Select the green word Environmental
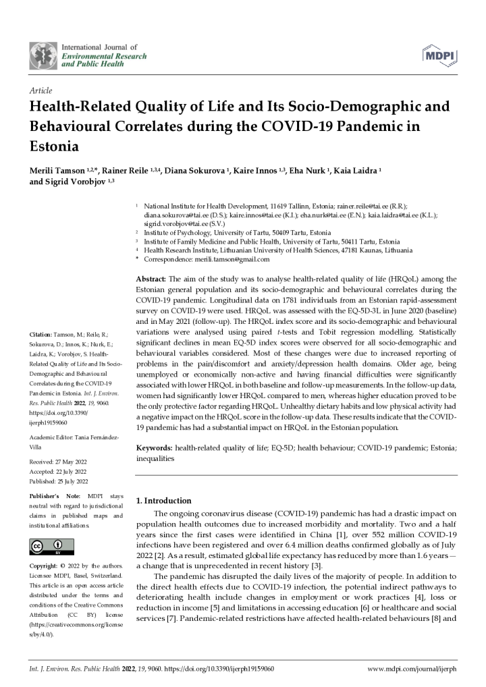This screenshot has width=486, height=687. [88, 56]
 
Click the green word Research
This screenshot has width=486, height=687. [132, 56]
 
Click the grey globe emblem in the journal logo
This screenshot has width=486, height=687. [43, 56]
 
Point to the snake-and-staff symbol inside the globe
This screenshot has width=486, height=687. [43, 56]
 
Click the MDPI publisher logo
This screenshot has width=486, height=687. [440, 55]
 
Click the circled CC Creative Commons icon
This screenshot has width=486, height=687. [37, 545]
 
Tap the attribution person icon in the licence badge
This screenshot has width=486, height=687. [58, 543]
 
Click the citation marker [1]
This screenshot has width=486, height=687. [341, 535]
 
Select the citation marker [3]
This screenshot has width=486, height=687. [316, 566]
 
